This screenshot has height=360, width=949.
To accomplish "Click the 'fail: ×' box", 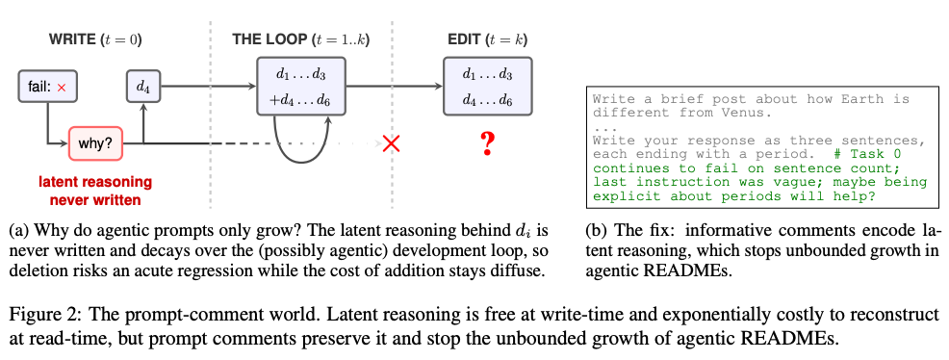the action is tap(48, 88).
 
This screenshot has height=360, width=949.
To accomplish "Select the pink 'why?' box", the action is tap(95, 144).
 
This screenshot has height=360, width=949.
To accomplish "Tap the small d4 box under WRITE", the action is tap(142, 88).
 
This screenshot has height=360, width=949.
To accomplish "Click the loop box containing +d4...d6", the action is tap(301, 86).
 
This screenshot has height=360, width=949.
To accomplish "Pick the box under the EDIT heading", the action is tap(487, 86).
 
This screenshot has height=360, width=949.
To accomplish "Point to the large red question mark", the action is tap(488, 144).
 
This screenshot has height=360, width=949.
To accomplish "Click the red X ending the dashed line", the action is tap(392, 143).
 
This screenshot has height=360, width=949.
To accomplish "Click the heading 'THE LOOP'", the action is tap(269, 40).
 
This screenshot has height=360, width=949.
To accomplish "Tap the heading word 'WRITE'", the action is tap(72, 40).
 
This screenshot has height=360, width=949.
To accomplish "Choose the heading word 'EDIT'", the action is tap(464, 40).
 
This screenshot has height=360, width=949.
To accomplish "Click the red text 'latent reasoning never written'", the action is tap(95, 191).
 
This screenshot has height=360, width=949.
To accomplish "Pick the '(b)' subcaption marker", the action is tap(596, 230).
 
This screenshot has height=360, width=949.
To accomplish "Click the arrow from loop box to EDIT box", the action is tap(394, 86).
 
